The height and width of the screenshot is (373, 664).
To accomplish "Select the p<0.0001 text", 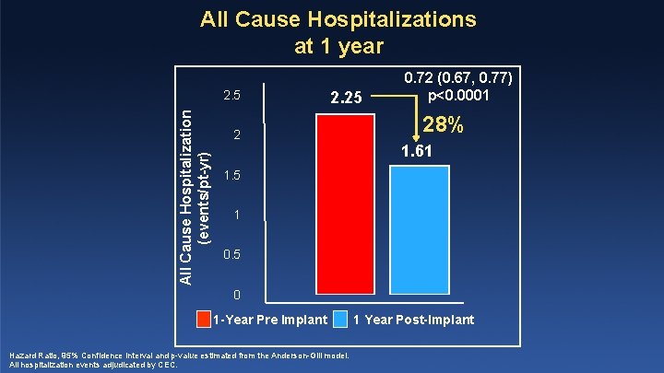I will point(465,95).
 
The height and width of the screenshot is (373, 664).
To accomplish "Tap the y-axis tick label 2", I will point(236,135).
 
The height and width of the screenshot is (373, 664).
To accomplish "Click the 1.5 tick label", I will point(235,175).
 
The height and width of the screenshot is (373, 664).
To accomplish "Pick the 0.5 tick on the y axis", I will point(235,254).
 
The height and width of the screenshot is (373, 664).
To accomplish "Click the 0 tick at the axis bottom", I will point(236,295).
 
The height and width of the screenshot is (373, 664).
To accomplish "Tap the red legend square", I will point(205,320).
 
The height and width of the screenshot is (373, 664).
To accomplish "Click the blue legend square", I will point(341,320).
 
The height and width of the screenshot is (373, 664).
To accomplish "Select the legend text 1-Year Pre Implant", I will point(269,321).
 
